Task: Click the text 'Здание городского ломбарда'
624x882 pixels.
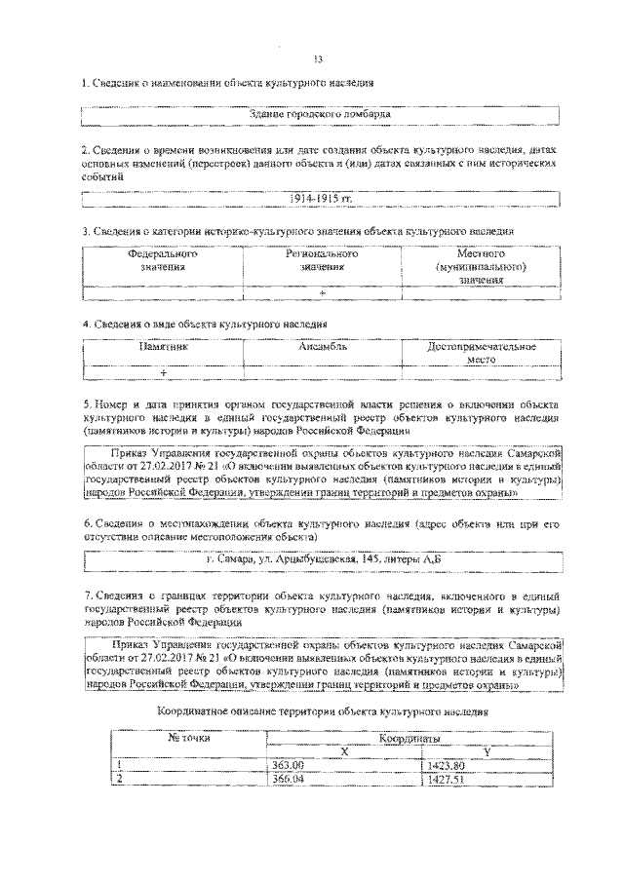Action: point(321,114)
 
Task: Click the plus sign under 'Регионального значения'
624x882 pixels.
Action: point(322,291)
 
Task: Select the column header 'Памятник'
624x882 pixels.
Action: point(162,347)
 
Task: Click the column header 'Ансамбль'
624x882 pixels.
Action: point(323,347)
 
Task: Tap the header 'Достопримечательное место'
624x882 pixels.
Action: point(482,353)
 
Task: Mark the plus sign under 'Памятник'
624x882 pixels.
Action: point(163,373)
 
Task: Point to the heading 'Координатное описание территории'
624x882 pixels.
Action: point(321,713)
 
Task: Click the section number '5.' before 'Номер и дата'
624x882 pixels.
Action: point(87,403)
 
